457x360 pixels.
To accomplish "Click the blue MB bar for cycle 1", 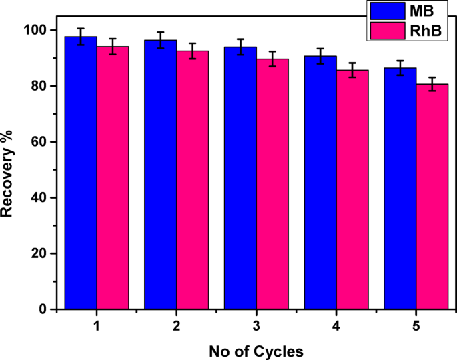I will pos(81,173).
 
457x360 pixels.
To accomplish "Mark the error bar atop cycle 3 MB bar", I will pos(240,47).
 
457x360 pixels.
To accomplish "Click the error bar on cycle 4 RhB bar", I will pos(352,70).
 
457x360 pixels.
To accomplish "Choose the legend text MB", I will pos(424,11).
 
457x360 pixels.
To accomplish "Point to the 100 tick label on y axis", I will pos(37,30).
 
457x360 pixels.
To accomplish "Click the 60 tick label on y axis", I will pos(40,142).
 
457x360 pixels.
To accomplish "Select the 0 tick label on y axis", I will pos(43,309).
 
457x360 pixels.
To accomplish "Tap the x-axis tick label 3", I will pos(256,327).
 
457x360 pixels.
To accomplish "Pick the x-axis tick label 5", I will pos(416,327).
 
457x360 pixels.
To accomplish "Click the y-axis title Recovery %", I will pos(9,169).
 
